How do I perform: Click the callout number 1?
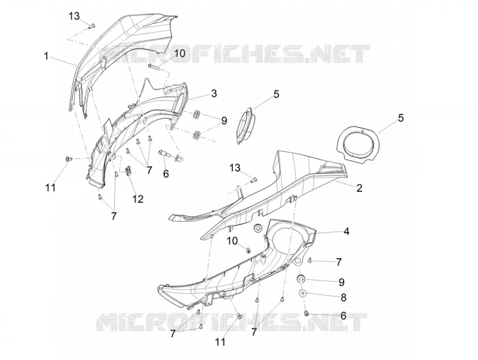(x=46, y=56)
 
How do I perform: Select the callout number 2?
(x=360, y=188)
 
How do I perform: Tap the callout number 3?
(x=214, y=93)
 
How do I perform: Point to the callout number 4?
(x=347, y=231)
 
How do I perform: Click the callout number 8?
(x=344, y=297)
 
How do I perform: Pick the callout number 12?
(x=138, y=199)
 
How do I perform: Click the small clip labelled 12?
(x=128, y=170)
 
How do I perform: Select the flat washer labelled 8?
(x=302, y=293)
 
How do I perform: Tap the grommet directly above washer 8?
(x=302, y=279)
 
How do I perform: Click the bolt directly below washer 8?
(x=307, y=313)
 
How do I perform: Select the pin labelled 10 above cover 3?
(x=154, y=67)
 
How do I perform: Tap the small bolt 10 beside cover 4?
(x=249, y=251)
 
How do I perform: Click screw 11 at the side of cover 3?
(x=69, y=158)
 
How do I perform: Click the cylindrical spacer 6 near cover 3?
(x=164, y=153)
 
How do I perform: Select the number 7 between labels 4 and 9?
(x=338, y=262)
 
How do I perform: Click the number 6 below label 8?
(x=343, y=316)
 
